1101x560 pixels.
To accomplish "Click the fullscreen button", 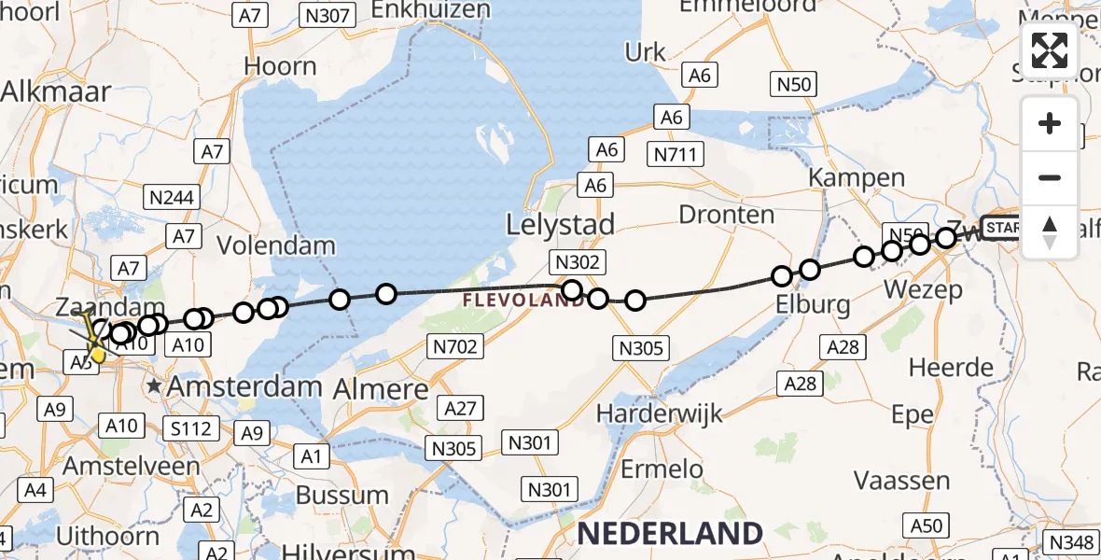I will (x=1050, y=50).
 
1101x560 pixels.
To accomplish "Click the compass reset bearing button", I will (x=1050, y=232).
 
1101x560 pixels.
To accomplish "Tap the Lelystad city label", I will (x=560, y=225).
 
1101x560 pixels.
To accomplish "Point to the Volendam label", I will (x=275, y=246).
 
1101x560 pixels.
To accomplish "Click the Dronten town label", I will (x=726, y=215).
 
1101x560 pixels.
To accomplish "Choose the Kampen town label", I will (x=856, y=177).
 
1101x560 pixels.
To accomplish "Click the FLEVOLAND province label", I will (x=523, y=301).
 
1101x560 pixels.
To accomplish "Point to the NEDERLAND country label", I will (x=670, y=533).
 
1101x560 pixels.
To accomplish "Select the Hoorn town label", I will (x=280, y=66).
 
